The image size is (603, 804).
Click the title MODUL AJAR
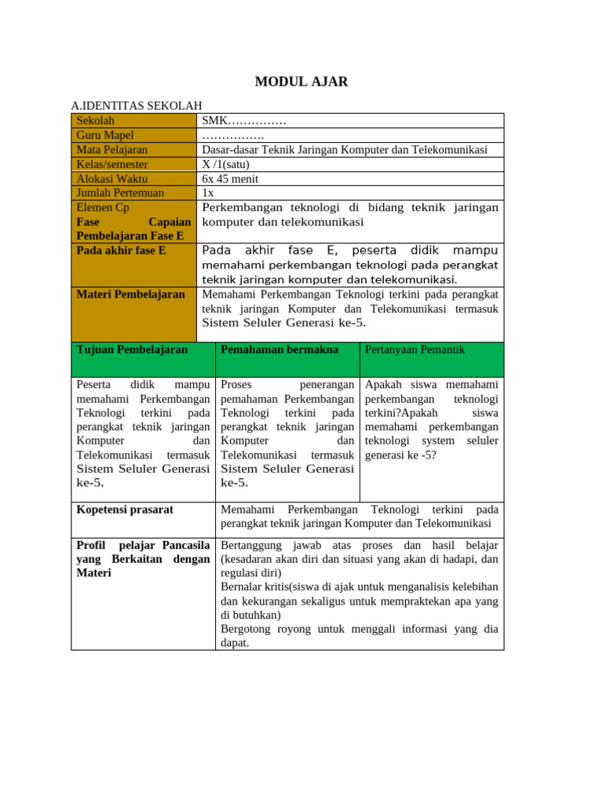click(301, 82)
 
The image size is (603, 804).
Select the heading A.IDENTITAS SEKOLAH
click(137, 105)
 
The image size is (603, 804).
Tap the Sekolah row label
click(95, 120)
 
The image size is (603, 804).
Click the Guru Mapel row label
click(105, 135)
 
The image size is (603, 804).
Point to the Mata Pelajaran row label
click(111, 149)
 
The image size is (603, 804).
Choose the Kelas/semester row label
click(111, 164)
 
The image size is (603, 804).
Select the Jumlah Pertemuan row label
click(120, 192)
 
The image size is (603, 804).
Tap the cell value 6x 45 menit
click(230, 178)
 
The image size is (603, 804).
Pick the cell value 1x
click(207, 192)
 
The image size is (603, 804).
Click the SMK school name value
click(243, 120)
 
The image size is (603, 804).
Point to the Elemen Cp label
click(103, 207)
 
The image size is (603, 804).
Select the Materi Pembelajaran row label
click(130, 294)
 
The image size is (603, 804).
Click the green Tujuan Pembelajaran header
click(132, 349)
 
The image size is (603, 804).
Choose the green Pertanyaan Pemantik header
click(415, 349)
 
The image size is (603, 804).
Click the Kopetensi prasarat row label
click(125, 510)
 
